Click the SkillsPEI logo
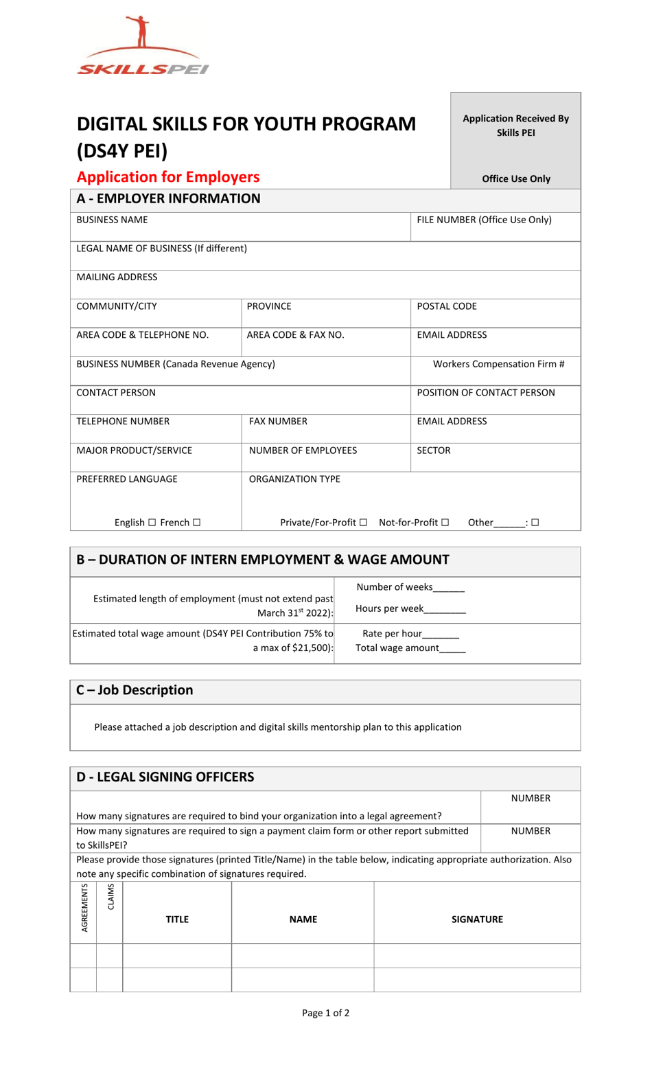click(143, 46)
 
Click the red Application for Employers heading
click(168, 177)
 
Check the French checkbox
click(197, 523)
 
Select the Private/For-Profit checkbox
click(363, 523)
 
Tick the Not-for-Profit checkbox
click(445, 523)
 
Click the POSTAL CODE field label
click(447, 306)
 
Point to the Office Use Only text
click(516, 179)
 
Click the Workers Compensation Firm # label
click(498, 364)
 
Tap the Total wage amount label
click(397, 648)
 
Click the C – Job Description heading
click(135, 690)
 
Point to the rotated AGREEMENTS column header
click(84, 908)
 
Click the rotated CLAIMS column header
click(110, 897)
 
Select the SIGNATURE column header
click(477, 919)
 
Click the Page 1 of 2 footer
click(325, 1013)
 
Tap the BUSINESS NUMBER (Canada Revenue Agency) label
click(176, 364)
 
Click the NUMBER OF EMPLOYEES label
click(303, 450)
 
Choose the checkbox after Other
click(535, 523)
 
